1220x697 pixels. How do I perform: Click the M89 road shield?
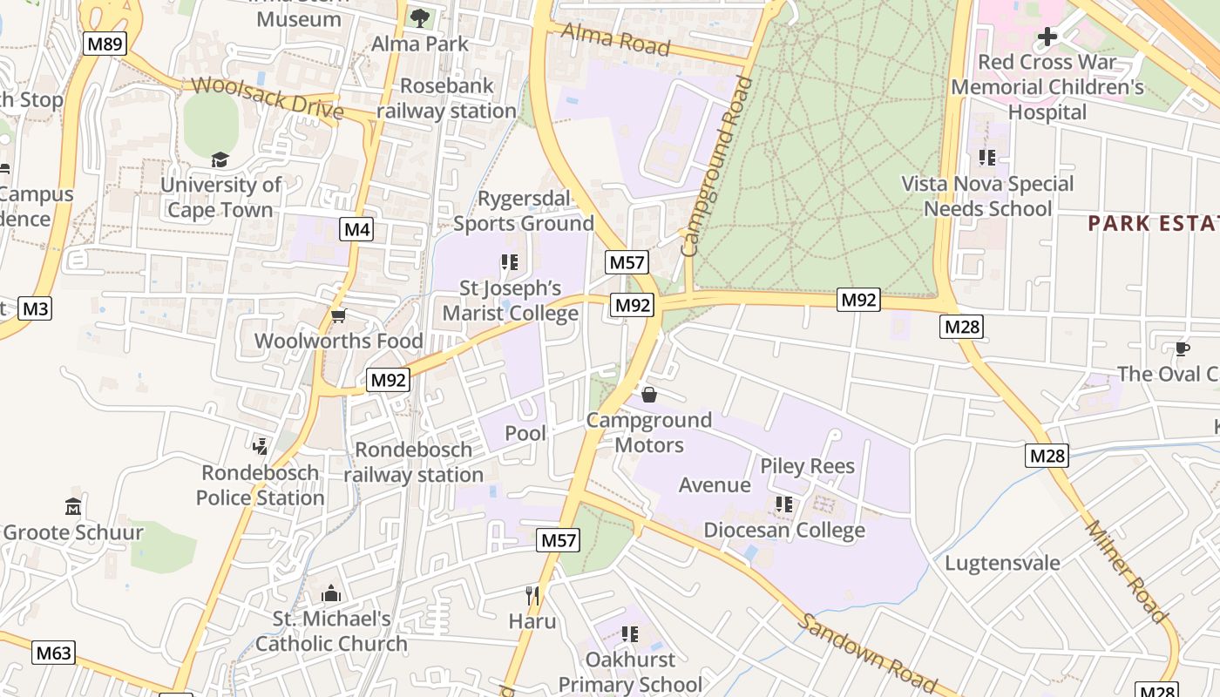click(105, 44)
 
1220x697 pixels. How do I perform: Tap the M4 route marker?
click(356, 230)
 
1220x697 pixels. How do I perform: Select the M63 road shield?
click(53, 653)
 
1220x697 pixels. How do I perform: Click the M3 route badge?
click(35, 308)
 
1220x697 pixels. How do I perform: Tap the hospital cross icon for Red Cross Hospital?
click(1047, 37)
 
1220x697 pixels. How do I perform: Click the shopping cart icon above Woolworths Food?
click(338, 315)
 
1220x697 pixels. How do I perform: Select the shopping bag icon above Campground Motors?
click(649, 395)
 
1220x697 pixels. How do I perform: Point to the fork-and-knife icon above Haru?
click(532, 596)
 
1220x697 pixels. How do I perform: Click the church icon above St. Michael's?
click(331, 593)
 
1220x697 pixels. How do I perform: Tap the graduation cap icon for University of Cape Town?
click(220, 159)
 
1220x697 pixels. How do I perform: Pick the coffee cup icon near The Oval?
click(1182, 349)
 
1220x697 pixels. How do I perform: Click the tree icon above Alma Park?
click(420, 17)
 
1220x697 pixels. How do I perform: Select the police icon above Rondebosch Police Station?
click(260, 447)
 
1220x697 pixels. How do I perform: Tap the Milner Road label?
click(1126, 572)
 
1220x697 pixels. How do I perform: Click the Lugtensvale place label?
click(1002, 563)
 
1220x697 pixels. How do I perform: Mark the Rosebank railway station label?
click(446, 98)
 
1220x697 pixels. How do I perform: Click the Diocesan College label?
click(783, 530)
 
